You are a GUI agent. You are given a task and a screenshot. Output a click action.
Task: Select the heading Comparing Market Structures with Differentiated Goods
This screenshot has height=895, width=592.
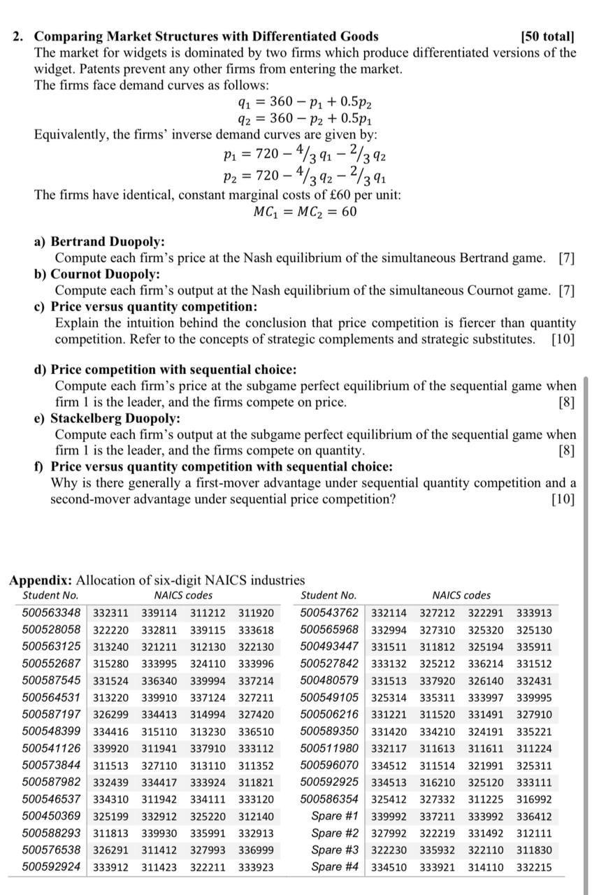coord(206,36)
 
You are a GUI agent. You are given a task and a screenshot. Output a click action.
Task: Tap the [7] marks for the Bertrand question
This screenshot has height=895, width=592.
coord(566,258)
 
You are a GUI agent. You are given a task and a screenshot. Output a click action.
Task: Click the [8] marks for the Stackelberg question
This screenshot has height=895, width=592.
coord(566,450)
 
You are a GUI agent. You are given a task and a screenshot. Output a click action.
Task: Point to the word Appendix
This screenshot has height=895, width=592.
coord(40,580)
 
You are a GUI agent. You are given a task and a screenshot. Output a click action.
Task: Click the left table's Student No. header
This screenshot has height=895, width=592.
coord(50,596)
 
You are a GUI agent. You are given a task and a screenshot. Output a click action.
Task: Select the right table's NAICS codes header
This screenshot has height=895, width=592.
coord(461,596)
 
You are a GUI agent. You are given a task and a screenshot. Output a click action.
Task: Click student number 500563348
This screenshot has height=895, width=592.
coord(51,614)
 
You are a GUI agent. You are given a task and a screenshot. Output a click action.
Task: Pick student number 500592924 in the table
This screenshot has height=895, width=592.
coord(51,868)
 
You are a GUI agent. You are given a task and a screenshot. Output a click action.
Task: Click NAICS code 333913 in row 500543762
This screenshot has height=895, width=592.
coord(533,614)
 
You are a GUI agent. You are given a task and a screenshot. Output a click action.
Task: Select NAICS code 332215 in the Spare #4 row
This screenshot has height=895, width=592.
coord(533,868)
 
